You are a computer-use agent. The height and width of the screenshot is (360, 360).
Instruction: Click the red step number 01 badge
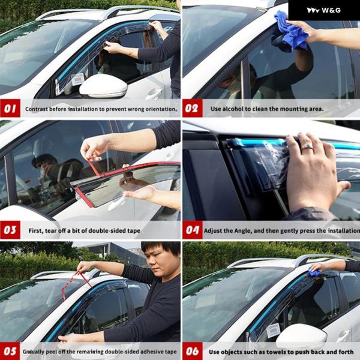tap(10, 108)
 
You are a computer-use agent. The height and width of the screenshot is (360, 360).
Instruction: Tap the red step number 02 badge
tap(193, 108)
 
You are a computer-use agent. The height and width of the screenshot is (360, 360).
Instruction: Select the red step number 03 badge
tap(10, 230)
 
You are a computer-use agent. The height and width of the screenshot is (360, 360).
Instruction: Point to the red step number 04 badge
tap(193, 230)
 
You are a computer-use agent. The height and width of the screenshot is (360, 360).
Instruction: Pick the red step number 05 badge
tap(10, 351)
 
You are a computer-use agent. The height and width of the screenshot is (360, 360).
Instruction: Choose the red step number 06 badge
tap(193, 351)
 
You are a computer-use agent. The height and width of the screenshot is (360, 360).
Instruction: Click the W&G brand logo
tap(324, 10)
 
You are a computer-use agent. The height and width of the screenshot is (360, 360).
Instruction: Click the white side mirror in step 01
tap(103, 86)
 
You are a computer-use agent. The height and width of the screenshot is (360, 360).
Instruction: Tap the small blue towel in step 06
tap(313, 272)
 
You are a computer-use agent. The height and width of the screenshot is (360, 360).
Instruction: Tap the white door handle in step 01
tap(154, 94)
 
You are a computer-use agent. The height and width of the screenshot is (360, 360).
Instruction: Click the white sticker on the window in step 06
tap(273, 331)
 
